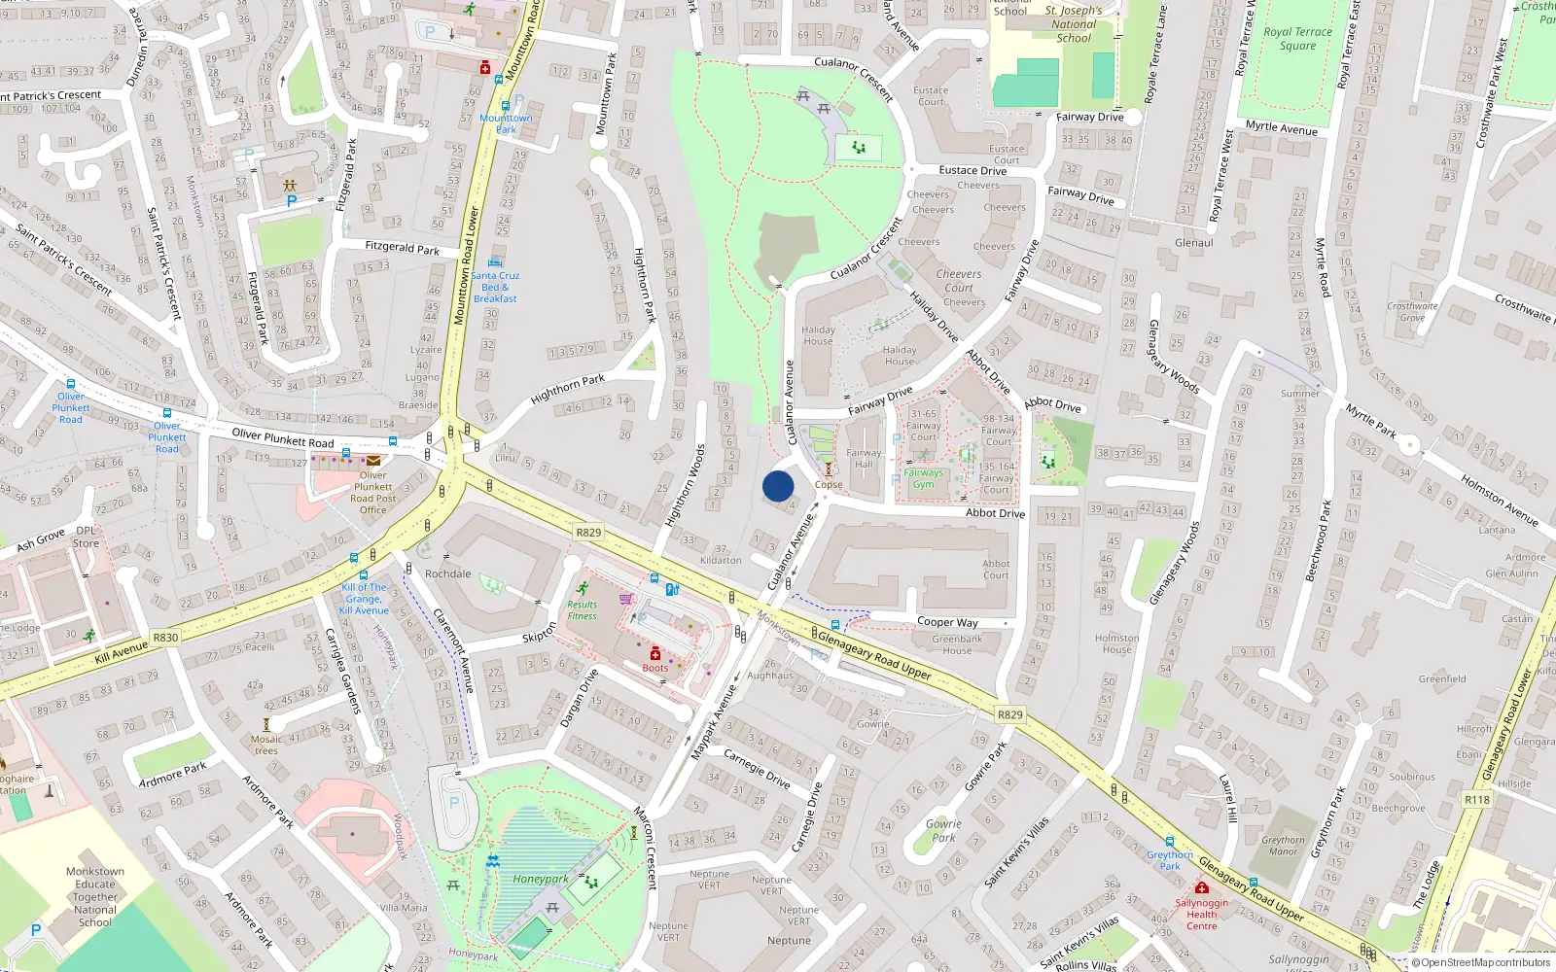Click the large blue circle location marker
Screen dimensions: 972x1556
[778, 486]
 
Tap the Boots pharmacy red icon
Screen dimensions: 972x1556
[655, 653]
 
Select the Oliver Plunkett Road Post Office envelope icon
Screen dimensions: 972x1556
[373, 461]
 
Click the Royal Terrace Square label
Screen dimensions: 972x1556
[1297, 38]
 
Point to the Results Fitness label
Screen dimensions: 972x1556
[582, 609]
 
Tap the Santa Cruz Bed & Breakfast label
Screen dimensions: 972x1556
[496, 287]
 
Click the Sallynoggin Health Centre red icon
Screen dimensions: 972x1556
[1202, 887]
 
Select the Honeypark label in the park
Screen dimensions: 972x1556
[541, 879]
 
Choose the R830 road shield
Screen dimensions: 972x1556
[165, 638]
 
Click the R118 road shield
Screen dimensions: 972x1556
[1476, 800]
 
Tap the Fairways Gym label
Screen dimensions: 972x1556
[923, 478]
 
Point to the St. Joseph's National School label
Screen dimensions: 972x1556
[1074, 24]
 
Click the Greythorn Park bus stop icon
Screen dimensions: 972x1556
[1169, 842]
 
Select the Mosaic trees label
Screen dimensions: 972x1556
[265, 745]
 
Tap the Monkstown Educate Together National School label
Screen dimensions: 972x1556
[95, 897]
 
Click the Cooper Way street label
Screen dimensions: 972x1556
[947, 622]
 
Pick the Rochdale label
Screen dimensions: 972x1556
[447, 573]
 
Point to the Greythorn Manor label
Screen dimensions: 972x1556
[1284, 846]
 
